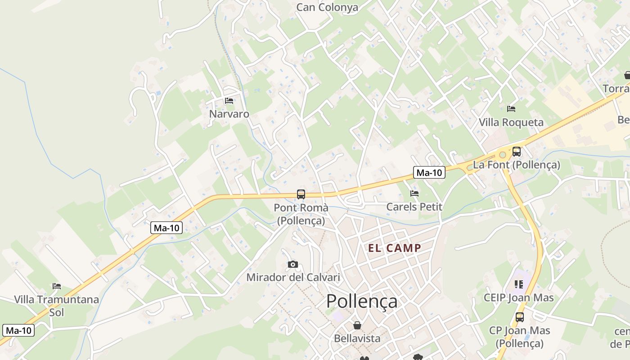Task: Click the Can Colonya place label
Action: [327, 7]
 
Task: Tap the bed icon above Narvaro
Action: [229, 101]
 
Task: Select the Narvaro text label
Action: [229, 114]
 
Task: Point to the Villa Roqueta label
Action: [511, 122]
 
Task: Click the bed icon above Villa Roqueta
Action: [511, 109]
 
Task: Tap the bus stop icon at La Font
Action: [517, 152]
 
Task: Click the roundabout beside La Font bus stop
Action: [503, 155]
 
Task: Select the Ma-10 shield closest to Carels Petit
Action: [429, 172]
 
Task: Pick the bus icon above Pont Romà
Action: [301, 194]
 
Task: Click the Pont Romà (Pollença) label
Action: [301, 214]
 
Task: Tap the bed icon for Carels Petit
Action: [414, 193]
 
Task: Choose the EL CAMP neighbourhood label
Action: [395, 248]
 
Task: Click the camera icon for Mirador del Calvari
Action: [293, 264]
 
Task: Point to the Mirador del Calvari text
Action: [293, 277]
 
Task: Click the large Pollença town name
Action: [362, 301]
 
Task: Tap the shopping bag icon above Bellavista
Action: [357, 325]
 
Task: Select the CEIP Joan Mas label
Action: [519, 297]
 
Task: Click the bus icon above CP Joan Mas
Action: [520, 317]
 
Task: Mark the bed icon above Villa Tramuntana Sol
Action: [56, 286]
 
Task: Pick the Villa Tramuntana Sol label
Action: [56, 306]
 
